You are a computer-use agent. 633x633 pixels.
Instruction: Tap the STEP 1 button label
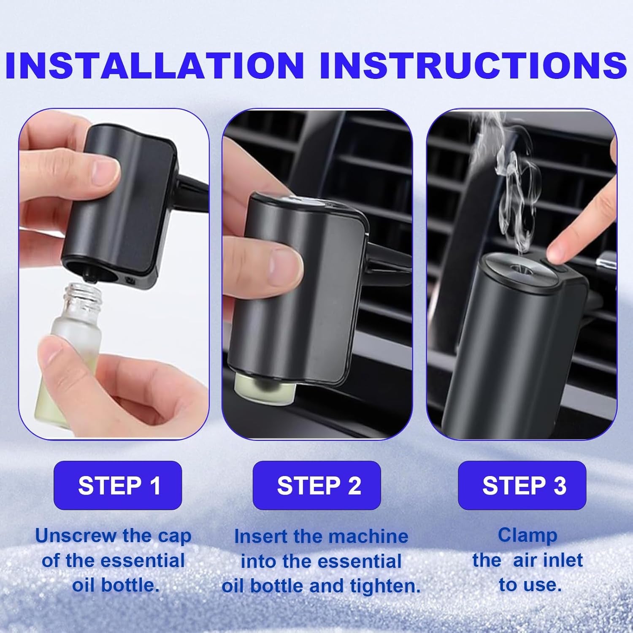coord(119,485)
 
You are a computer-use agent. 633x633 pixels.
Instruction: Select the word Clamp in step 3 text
coord(527,535)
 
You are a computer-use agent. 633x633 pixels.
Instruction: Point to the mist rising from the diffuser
coord(513,186)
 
